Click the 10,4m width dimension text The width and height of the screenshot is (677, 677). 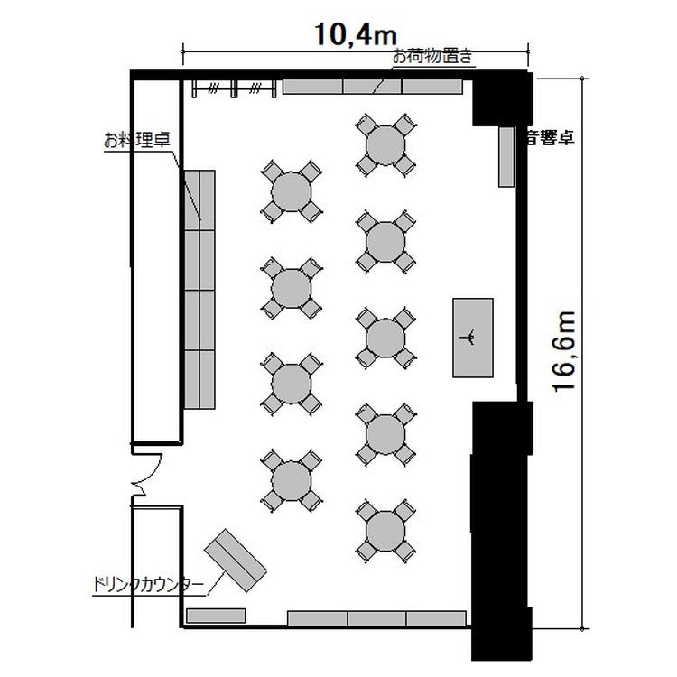pos(356,34)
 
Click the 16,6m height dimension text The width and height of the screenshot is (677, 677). pos(564,351)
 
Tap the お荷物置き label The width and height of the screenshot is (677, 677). pos(432,56)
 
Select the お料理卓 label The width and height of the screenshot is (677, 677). pos(137,140)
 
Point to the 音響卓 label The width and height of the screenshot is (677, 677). pos(550,137)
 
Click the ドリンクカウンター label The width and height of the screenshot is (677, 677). pos(148,585)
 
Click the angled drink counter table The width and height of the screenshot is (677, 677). pos(236,560)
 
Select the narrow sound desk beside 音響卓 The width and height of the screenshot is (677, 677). pos(506,157)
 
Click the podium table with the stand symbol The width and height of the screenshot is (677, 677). pos(473,338)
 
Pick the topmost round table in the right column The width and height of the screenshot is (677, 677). pos(385,145)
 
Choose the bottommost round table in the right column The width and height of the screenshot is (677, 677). pos(385,532)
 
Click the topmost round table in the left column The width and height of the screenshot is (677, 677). pos(292,192)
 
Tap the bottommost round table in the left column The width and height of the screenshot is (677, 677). pos(292,480)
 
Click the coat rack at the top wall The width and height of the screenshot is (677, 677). pos(234,88)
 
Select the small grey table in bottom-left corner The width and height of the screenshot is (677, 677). pos(216,616)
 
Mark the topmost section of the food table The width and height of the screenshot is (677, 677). pos(199,200)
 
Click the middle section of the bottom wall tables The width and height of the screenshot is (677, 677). pos(376,618)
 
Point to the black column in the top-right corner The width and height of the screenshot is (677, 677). pos(501,99)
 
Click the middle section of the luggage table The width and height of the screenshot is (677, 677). pos(372,87)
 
